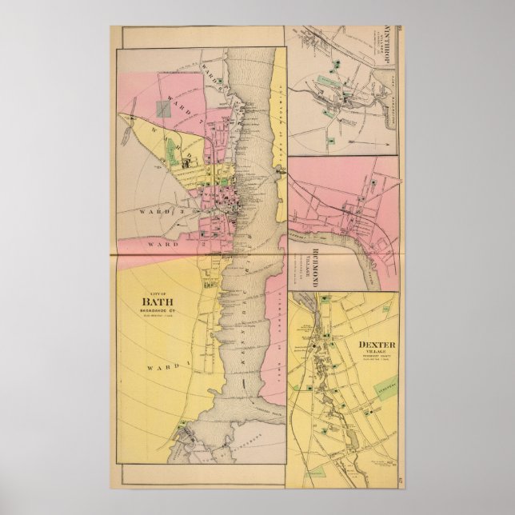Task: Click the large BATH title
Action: coord(157,301)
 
